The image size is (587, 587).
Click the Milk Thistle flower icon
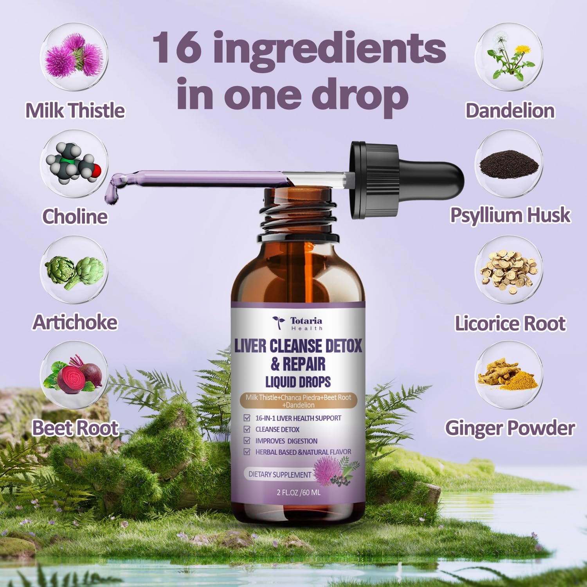pyautogui.click(x=74, y=58)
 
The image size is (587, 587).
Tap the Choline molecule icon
pyautogui.click(x=74, y=164)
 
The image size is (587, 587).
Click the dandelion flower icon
pyautogui.click(x=509, y=58)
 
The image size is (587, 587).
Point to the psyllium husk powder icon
pyautogui.click(x=509, y=164)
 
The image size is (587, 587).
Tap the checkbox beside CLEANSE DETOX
pyautogui.click(x=247, y=429)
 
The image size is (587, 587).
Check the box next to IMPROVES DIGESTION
pyautogui.click(x=247, y=441)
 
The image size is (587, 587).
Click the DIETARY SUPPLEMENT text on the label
pyautogui.click(x=280, y=474)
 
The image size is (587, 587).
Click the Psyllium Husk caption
pyautogui.click(x=510, y=215)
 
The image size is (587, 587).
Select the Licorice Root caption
pyautogui.click(x=510, y=324)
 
